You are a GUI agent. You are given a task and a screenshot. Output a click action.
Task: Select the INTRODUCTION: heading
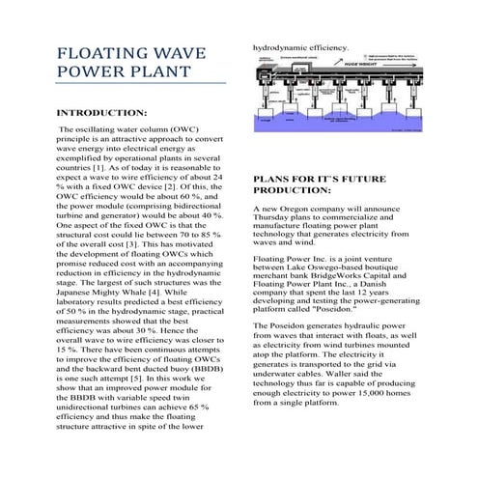(103, 113)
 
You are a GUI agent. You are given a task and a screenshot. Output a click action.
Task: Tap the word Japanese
(79, 290)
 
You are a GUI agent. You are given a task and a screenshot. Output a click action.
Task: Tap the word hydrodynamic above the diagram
(282, 46)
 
